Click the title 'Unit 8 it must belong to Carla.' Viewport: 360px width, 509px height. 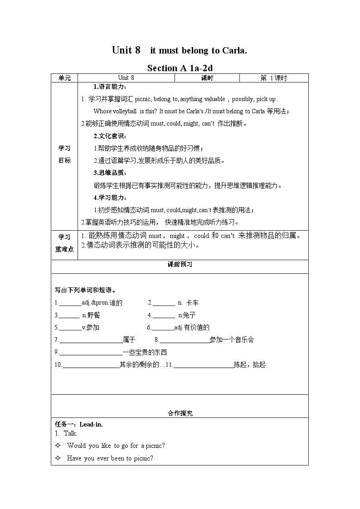click(180, 50)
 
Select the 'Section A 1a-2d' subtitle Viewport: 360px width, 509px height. click(180, 68)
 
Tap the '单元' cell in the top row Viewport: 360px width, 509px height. click(65, 78)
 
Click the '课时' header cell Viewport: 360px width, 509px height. click(207, 78)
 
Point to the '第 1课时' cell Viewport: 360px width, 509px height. click(273, 78)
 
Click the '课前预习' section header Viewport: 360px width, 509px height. click(180, 265)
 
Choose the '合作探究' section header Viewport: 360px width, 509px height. click(180, 413)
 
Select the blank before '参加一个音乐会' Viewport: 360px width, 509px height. click(184, 340)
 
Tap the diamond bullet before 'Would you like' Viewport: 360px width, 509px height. click(58, 446)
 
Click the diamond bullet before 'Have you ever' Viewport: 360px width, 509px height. click(58, 458)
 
